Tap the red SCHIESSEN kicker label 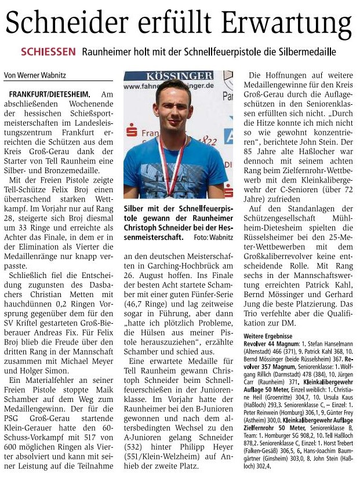(x=48, y=52)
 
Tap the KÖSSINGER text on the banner (x=179, y=76)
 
